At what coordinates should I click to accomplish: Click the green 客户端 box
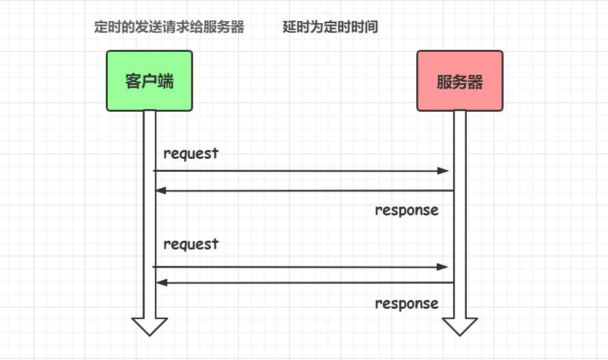coord(149,80)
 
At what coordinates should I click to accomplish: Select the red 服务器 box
coord(460,80)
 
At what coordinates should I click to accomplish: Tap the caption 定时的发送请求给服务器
coord(169,28)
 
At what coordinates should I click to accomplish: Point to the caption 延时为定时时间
coord(330,28)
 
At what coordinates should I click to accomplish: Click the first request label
coord(191,153)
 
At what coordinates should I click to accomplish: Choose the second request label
coord(191,244)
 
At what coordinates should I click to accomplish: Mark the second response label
coord(407,303)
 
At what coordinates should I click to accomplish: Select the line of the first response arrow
coord(307,191)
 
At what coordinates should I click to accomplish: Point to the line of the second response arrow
coord(307,282)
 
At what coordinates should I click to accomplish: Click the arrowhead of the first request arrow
coord(444,170)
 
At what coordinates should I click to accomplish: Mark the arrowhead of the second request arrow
coord(444,267)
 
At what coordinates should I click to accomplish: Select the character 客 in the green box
coord(134,81)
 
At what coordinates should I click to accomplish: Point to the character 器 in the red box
coord(476,82)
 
